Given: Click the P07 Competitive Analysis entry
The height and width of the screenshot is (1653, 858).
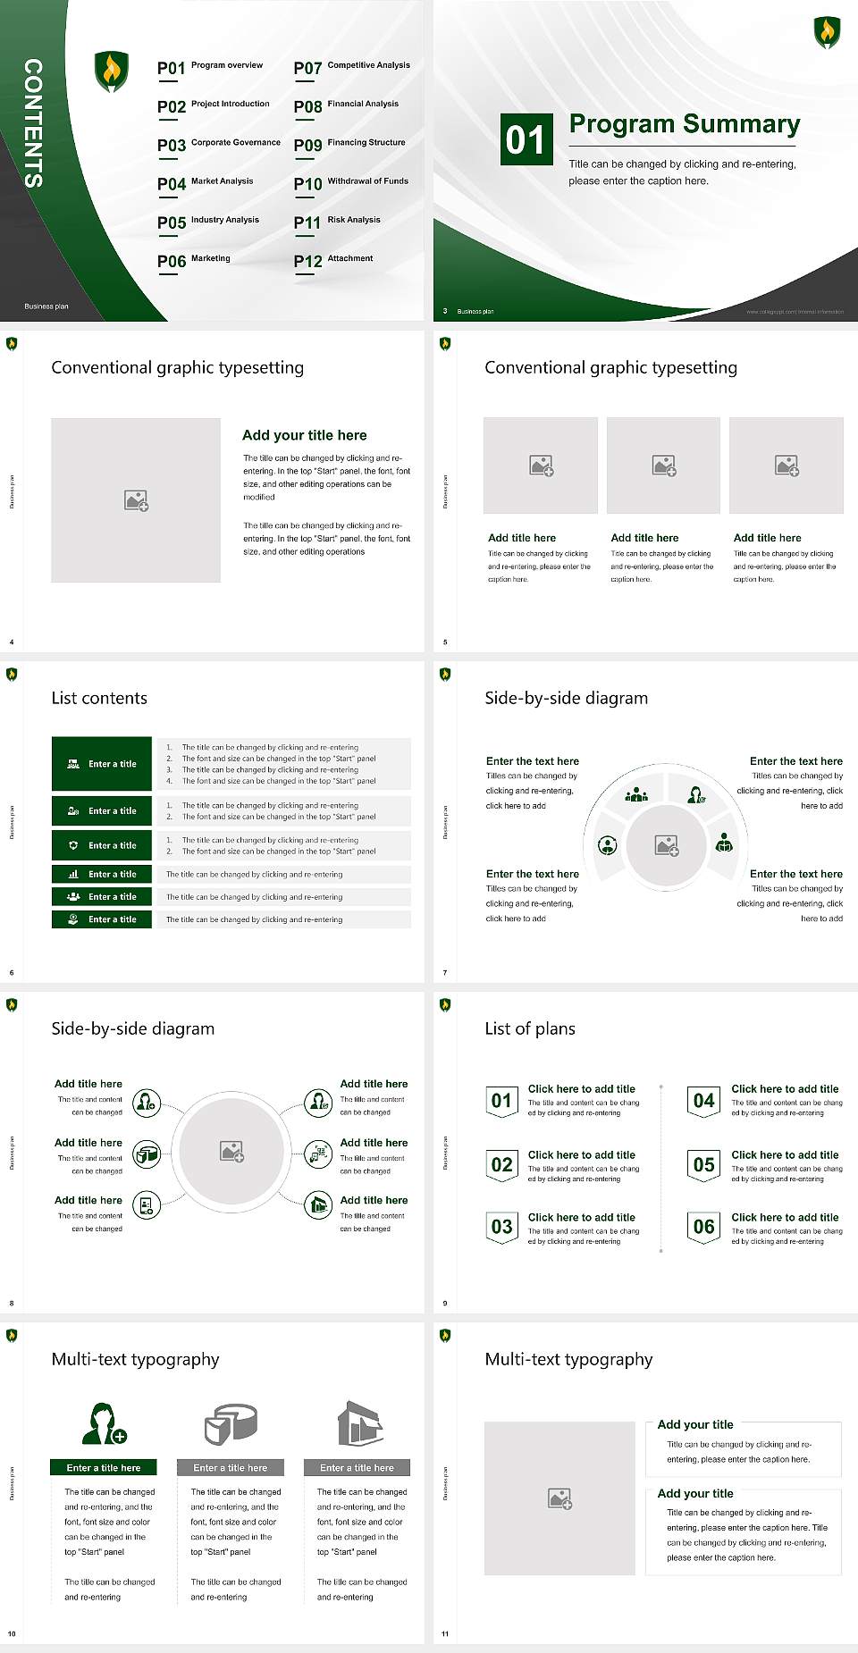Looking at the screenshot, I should click(x=352, y=67).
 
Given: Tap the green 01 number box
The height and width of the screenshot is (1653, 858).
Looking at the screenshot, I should click(x=525, y=139).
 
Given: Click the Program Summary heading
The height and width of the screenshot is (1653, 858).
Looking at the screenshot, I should click(x=684, y=124).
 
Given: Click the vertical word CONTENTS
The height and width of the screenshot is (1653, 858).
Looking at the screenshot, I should click(x=33, y=123).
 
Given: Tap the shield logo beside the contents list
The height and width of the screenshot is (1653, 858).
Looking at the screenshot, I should click(x=111, y=71).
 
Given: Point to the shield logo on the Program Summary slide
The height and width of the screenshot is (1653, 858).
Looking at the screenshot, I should click(x=827, y=31).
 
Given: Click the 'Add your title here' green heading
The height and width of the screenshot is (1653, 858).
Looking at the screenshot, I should click(x=304, y=435).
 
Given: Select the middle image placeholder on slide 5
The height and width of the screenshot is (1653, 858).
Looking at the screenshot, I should click(x=663, y=466).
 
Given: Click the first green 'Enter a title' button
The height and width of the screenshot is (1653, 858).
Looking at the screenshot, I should click(x=102, y=764).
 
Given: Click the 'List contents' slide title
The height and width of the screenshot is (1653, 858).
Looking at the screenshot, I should click(x=99, y=698).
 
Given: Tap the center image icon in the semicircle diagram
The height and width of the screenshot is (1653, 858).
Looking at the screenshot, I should click(x=667, y=845).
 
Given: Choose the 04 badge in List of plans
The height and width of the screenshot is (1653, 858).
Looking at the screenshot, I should click(x=704, y=1101).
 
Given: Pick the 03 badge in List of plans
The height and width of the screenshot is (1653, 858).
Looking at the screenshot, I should click(x=501, y=1227).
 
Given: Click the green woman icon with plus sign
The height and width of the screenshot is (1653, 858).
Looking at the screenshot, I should click(x=104, y=1424).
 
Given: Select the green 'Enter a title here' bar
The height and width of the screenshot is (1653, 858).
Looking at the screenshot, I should click(x=104, y=1467).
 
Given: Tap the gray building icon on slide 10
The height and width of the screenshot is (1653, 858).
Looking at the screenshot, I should click(x=360, y=1423).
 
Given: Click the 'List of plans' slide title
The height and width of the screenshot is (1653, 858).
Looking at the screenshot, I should click(x=530, y=1028).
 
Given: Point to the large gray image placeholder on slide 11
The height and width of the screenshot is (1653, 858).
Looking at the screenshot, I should click(x=559, y=1498).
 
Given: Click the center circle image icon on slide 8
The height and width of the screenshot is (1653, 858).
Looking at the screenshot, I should click(x=232, y=1152).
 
